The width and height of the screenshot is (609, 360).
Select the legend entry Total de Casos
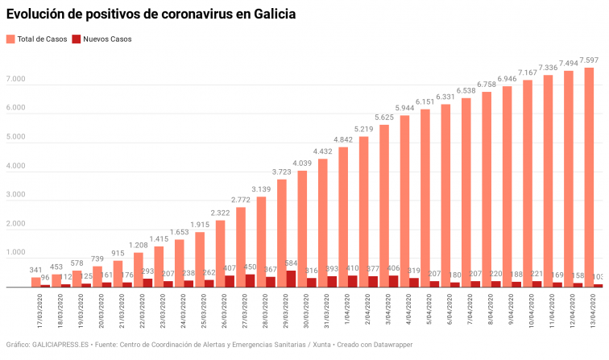coord(36,39)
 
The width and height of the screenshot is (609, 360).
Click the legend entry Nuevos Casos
coord(101,39)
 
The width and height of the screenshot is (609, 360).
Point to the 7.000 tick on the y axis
coord(15,80)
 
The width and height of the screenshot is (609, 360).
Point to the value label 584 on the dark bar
coord(292,263)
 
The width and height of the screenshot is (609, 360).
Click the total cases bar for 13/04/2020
coord(589,176)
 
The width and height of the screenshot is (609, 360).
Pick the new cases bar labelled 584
coord(292,279)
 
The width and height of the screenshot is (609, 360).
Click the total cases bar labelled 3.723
coord(282,233)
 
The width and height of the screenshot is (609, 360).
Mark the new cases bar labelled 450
coord(251,280)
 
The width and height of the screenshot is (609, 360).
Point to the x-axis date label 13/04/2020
coord(594,310)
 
